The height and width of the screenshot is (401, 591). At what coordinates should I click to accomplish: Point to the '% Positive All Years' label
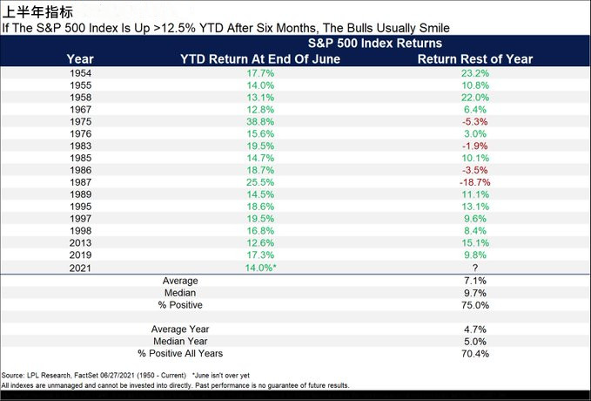pos(180,353)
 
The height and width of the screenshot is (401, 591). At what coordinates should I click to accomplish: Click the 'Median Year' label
pos(180,341)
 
